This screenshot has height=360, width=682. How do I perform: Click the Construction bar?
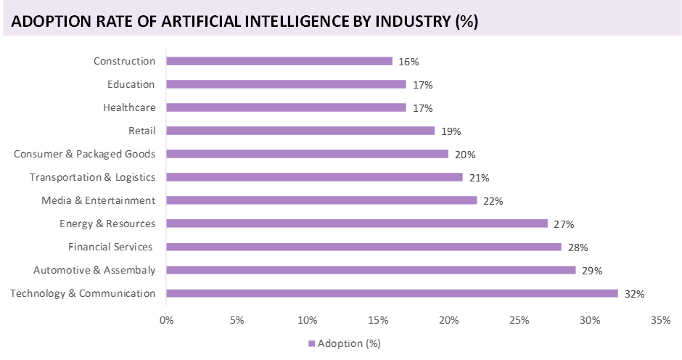point(279,62)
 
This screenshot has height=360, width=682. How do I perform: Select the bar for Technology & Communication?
point(392,294)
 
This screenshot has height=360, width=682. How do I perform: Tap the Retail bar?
point(300,131)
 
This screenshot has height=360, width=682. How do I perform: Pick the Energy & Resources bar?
point(357,224)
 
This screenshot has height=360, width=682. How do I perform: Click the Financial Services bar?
point(363,247)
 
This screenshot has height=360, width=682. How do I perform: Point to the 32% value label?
point(635,294)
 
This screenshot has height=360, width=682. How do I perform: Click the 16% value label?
point(409,62)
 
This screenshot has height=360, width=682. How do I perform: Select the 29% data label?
point(593,271)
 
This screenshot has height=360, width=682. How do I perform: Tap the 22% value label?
point(494,201)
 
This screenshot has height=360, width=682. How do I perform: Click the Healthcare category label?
point(129,108)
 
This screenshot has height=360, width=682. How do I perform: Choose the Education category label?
point(131,85)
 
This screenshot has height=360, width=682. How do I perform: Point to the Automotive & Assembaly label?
point(94,271)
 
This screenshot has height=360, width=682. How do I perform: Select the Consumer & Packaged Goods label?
point(85,155)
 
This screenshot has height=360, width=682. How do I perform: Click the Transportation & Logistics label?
point(93,178)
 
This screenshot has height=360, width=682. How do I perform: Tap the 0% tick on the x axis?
point(166,320)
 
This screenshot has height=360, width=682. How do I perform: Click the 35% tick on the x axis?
point(660,320)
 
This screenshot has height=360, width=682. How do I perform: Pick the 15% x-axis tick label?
point(378,320)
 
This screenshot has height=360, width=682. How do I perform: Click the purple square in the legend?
point(312,343)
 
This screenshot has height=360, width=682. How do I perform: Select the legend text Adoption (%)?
point(349,343)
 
